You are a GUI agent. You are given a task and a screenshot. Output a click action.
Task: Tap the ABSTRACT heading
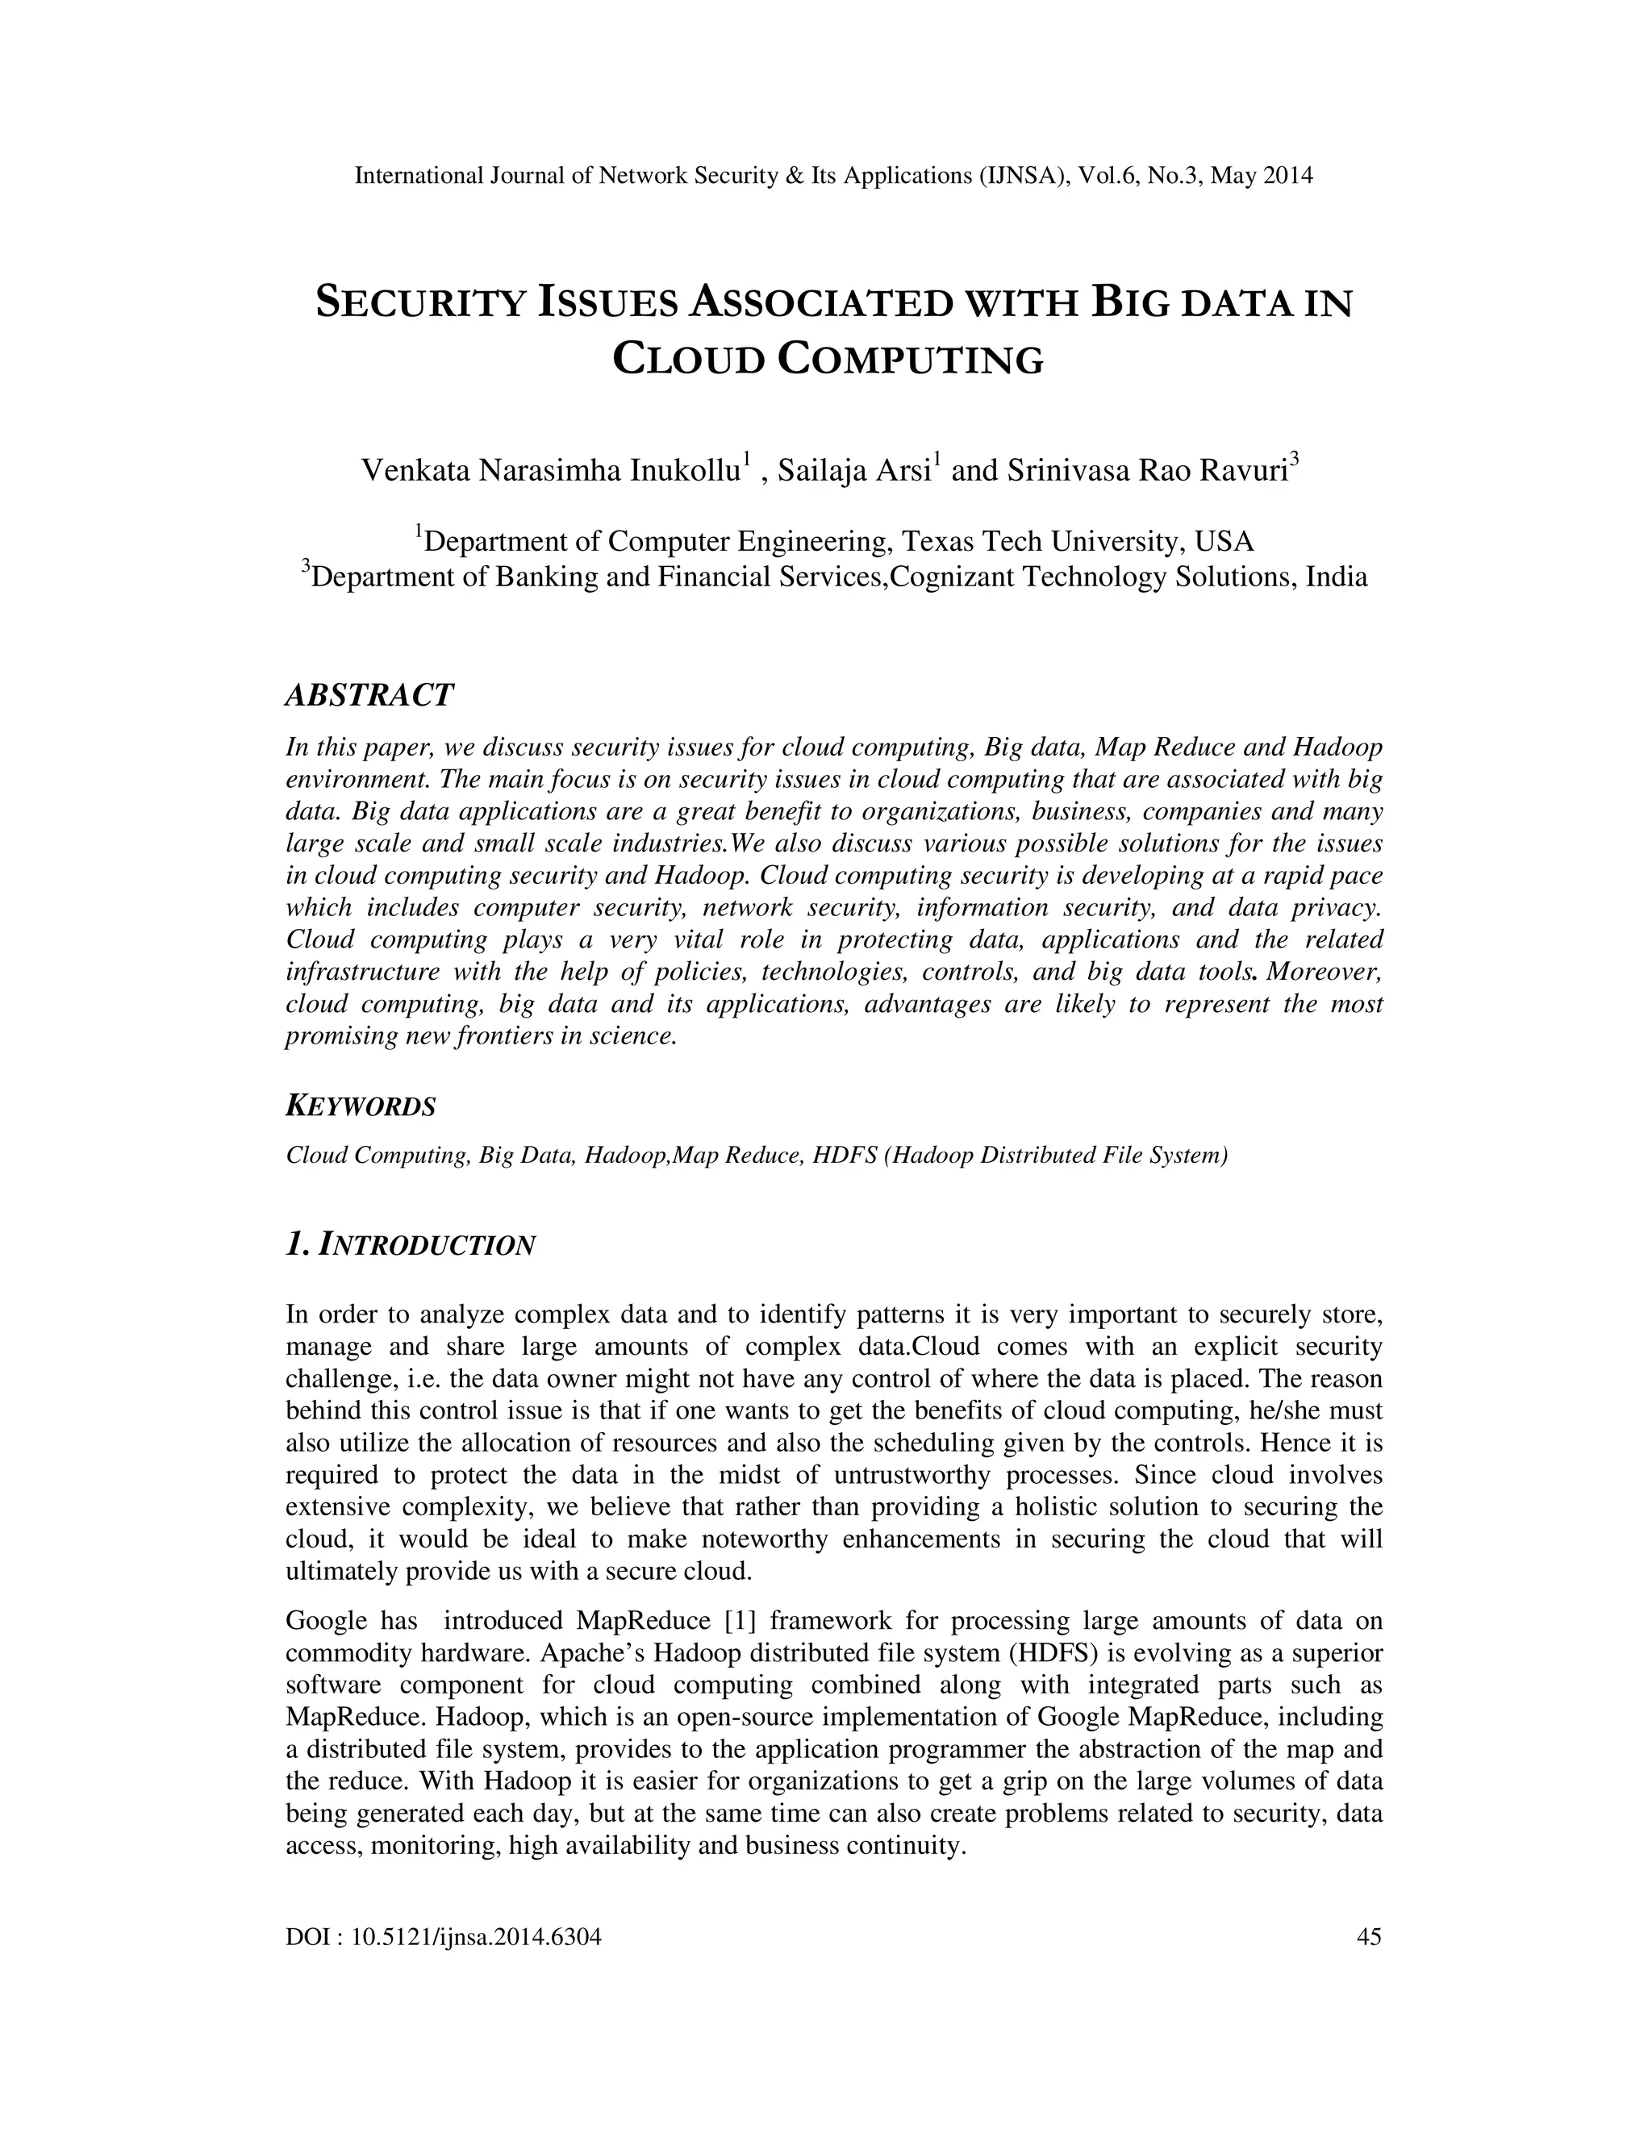coord(369,696)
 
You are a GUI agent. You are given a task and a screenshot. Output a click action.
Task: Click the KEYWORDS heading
coord(360,1106)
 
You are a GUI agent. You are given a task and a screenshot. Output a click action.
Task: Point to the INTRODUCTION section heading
coord(427,1246)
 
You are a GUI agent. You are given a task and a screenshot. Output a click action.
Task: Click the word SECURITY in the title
coord(422,303)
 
